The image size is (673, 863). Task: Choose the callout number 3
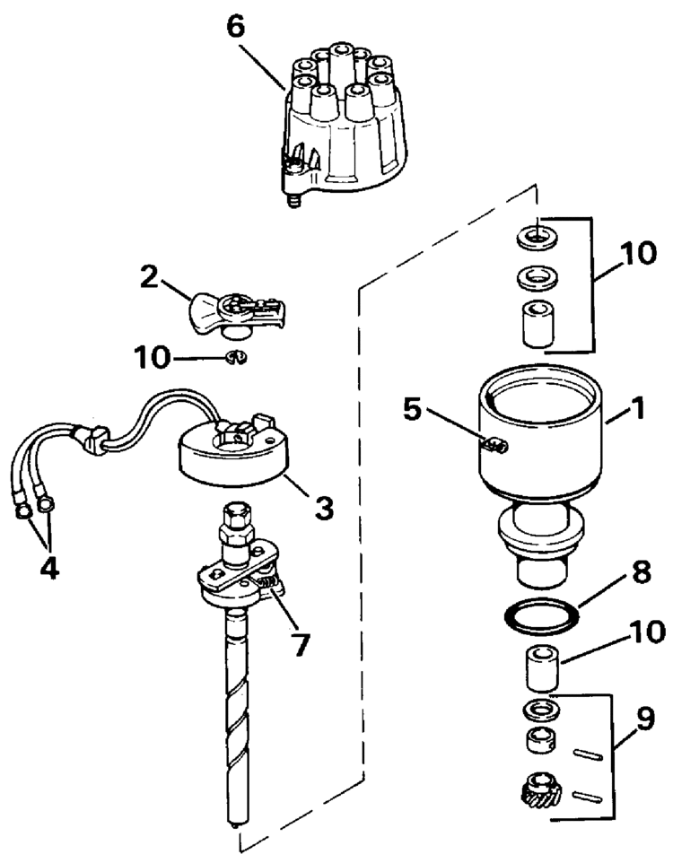pyautogui.click(x=321, y=507)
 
